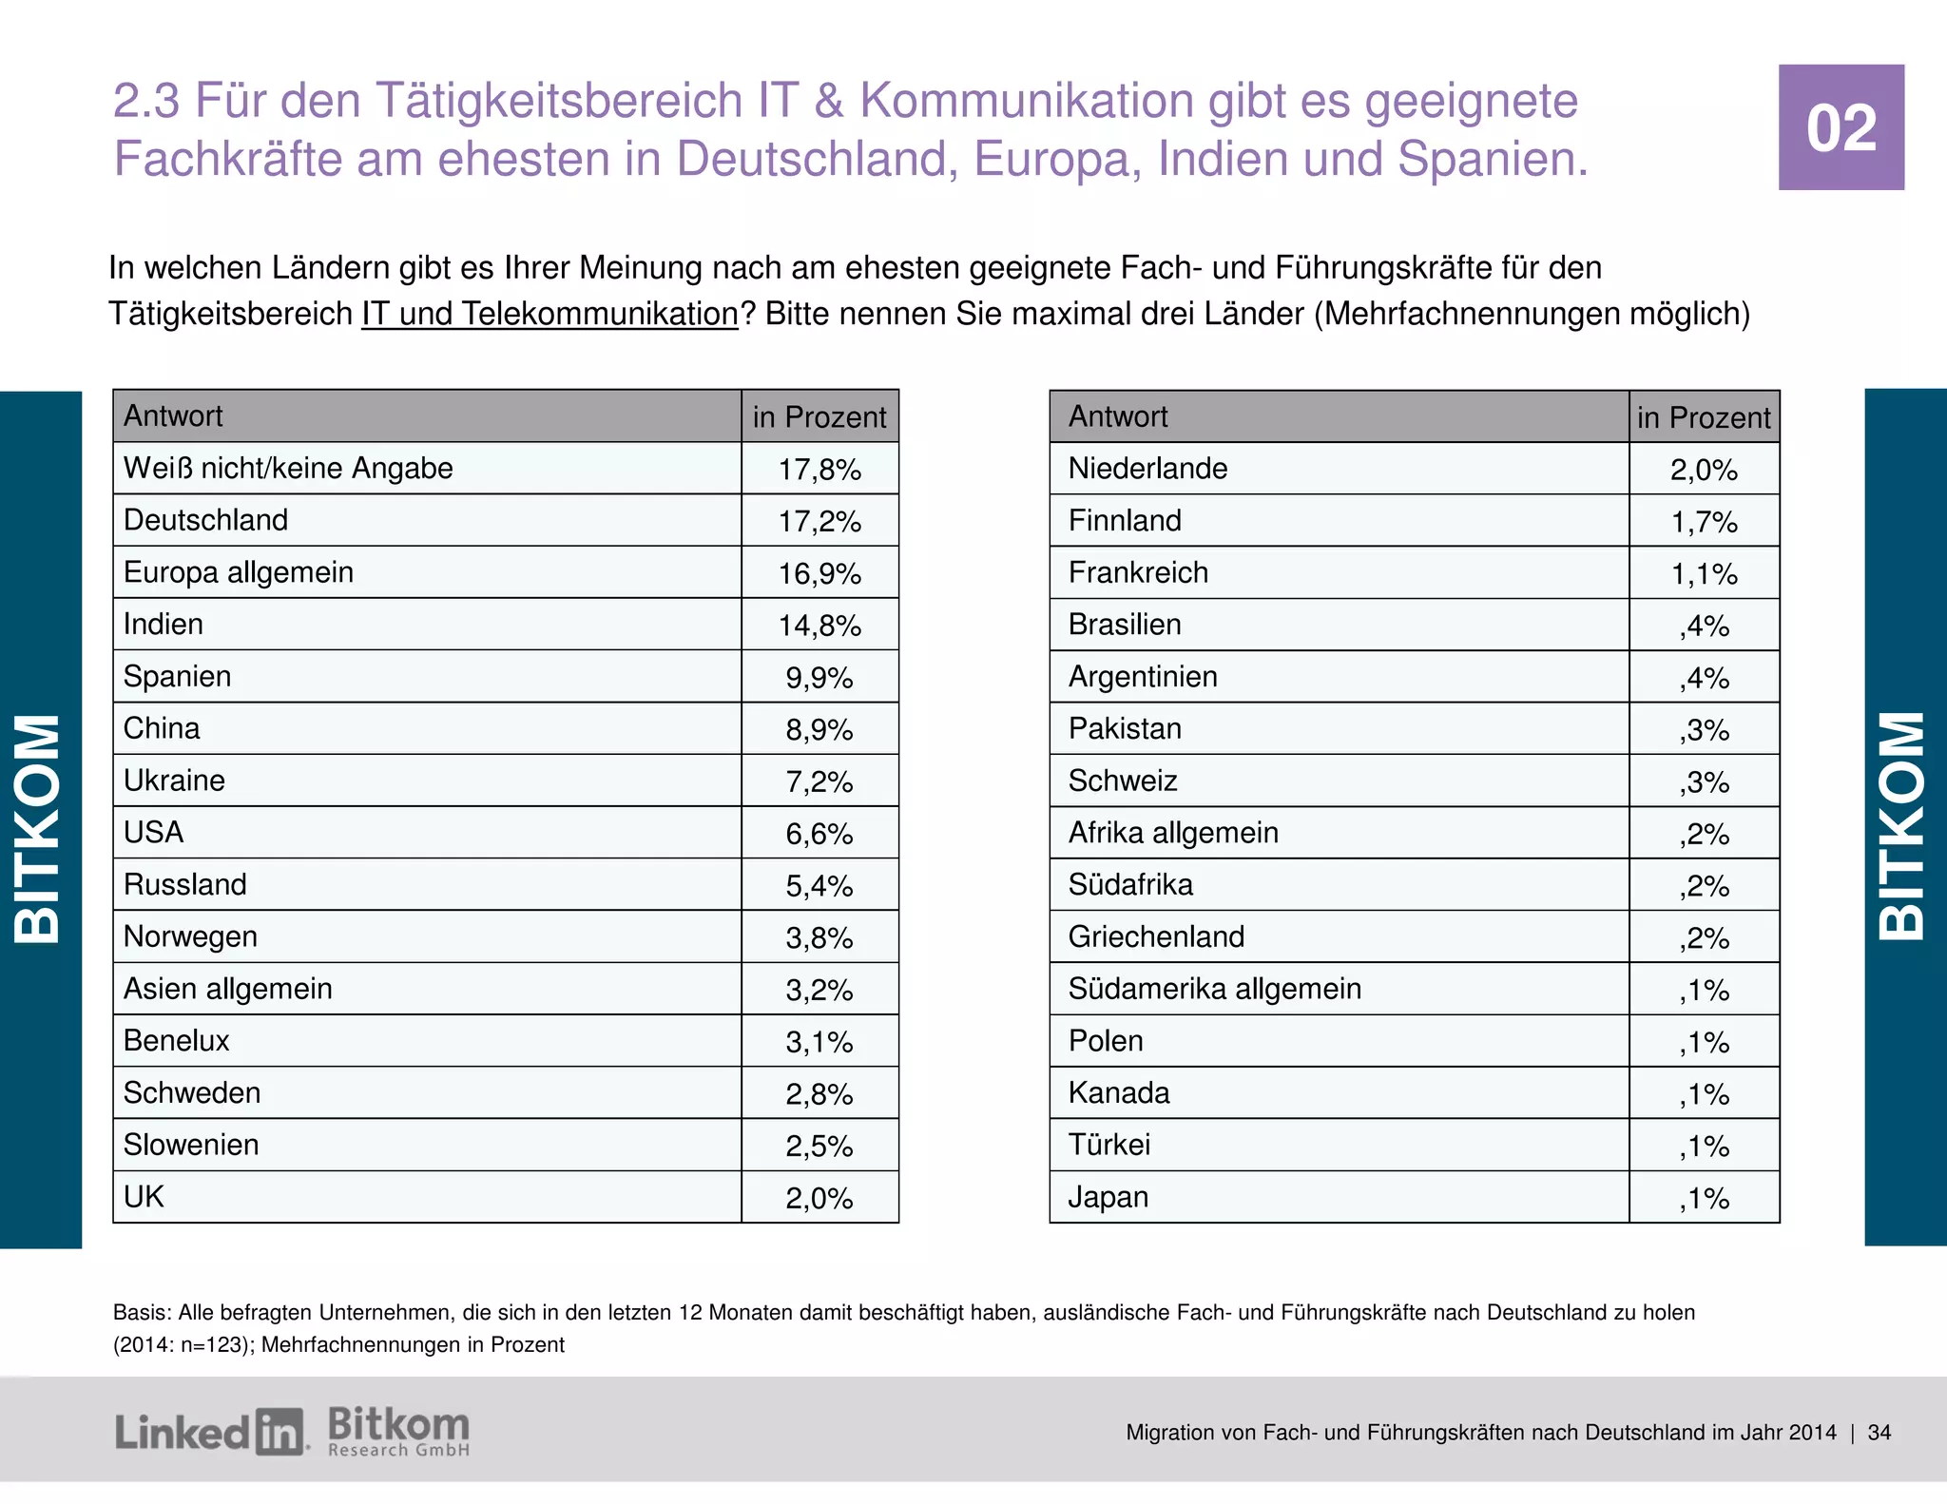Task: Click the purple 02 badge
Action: click(1841, 127)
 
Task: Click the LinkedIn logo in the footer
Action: click(210, 1432)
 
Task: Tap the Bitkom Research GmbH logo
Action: click(398, 1432)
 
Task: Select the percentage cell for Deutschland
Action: click(819, 521)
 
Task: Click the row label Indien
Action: click(164, 625)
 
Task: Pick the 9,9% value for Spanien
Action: click(819, 678)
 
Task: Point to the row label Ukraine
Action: click(174, 781)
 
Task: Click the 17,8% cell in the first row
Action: click(819, 469)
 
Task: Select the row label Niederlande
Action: click(1147, 469)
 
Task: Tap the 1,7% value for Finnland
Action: click(1704, 522)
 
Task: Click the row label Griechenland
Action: click(1156, 937)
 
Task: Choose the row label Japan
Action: click(1108, 1197)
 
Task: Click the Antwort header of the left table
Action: click(173, 416)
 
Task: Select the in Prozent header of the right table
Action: click(1704, 417)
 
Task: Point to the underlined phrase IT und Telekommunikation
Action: click(549, 314)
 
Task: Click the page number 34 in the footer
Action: click(1879, 1433)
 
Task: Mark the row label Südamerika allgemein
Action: click(1214, 989)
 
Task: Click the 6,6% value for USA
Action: click(819, 834)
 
